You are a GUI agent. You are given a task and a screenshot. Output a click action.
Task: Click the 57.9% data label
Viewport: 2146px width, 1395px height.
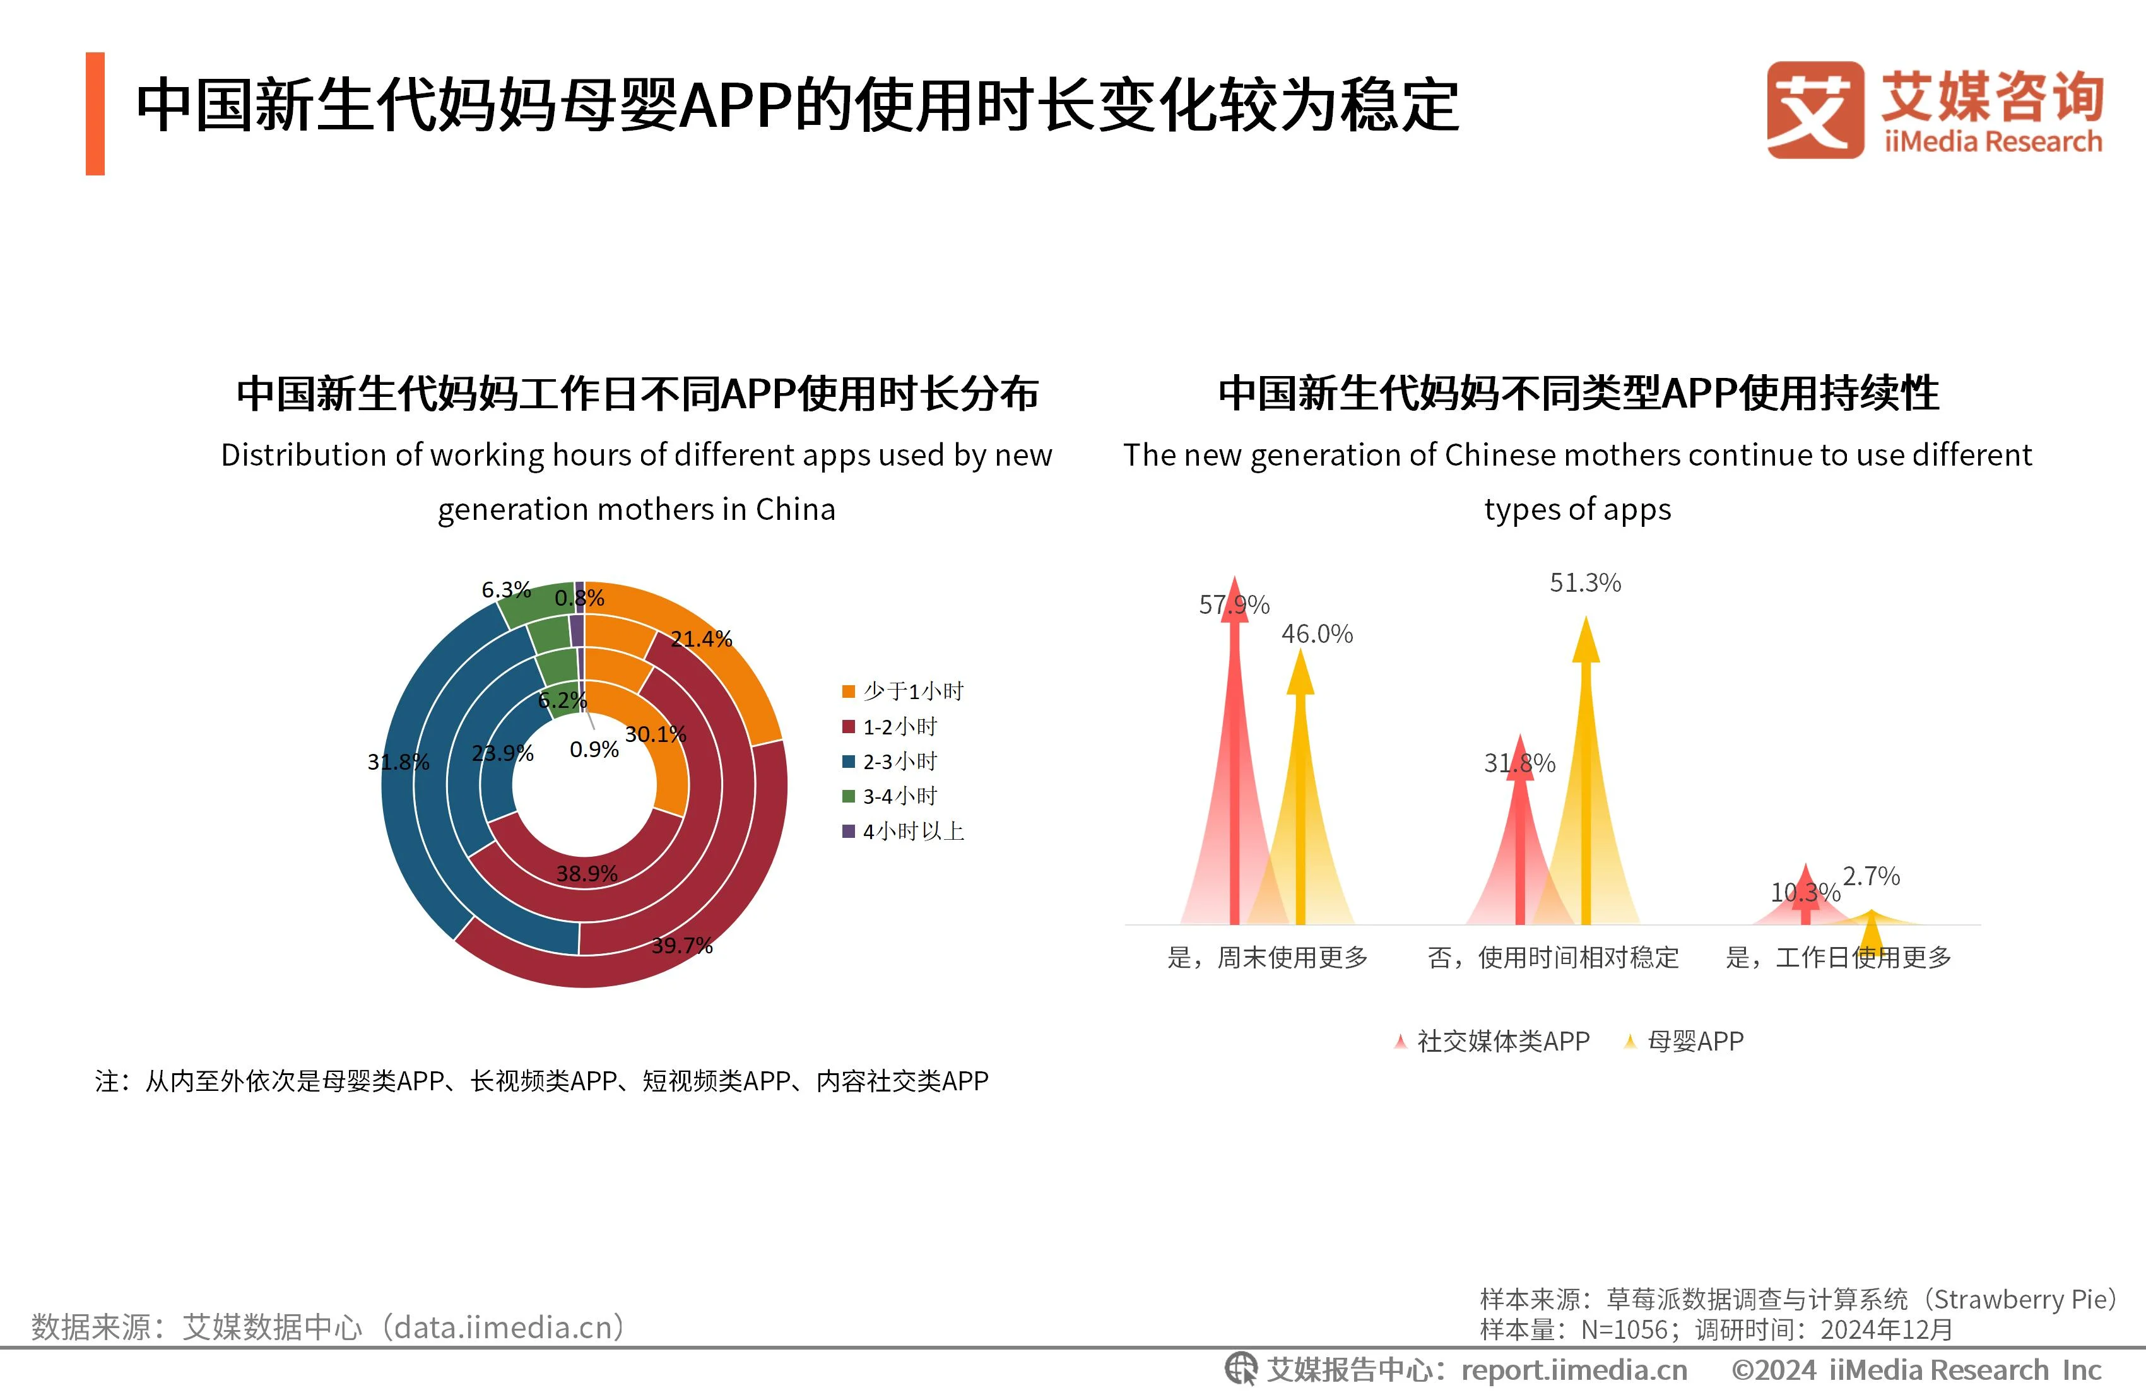point(1234,604)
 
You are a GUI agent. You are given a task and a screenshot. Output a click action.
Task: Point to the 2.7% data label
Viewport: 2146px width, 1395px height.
point(1871,876)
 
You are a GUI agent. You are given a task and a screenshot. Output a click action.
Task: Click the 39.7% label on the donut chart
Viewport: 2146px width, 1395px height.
point(681,945)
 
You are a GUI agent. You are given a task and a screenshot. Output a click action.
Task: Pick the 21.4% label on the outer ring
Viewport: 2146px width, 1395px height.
point(700,639)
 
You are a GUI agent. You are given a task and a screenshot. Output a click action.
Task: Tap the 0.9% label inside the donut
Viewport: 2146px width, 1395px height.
point(594,750)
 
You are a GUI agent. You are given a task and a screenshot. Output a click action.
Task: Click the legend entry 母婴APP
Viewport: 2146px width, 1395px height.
point(1683,1042)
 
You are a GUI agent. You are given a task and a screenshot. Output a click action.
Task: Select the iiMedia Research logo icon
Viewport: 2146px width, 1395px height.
point(1814,109)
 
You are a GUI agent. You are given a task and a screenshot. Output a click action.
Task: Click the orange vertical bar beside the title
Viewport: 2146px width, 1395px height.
point(95,114)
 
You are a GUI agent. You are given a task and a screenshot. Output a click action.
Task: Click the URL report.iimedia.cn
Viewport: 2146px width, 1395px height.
point(1574,1370)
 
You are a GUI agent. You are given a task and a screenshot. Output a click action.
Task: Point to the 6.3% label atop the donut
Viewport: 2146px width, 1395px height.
point(506,590)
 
